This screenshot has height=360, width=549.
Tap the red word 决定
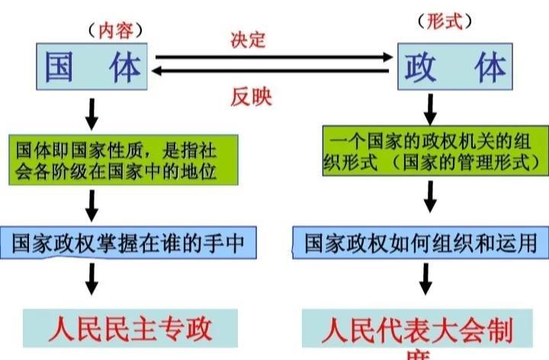pos(248,40)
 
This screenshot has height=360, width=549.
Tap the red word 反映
pos(252,97)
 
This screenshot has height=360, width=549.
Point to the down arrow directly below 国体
pos(91,114)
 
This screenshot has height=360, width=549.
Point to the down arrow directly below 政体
pos(430,109)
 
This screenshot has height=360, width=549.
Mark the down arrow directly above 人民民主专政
pos(91,279)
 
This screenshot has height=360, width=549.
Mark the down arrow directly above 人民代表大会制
pos(430,281)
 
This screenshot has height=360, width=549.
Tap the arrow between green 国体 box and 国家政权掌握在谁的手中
pos(91,205)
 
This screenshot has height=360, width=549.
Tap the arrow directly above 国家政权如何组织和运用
pos(430,198)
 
